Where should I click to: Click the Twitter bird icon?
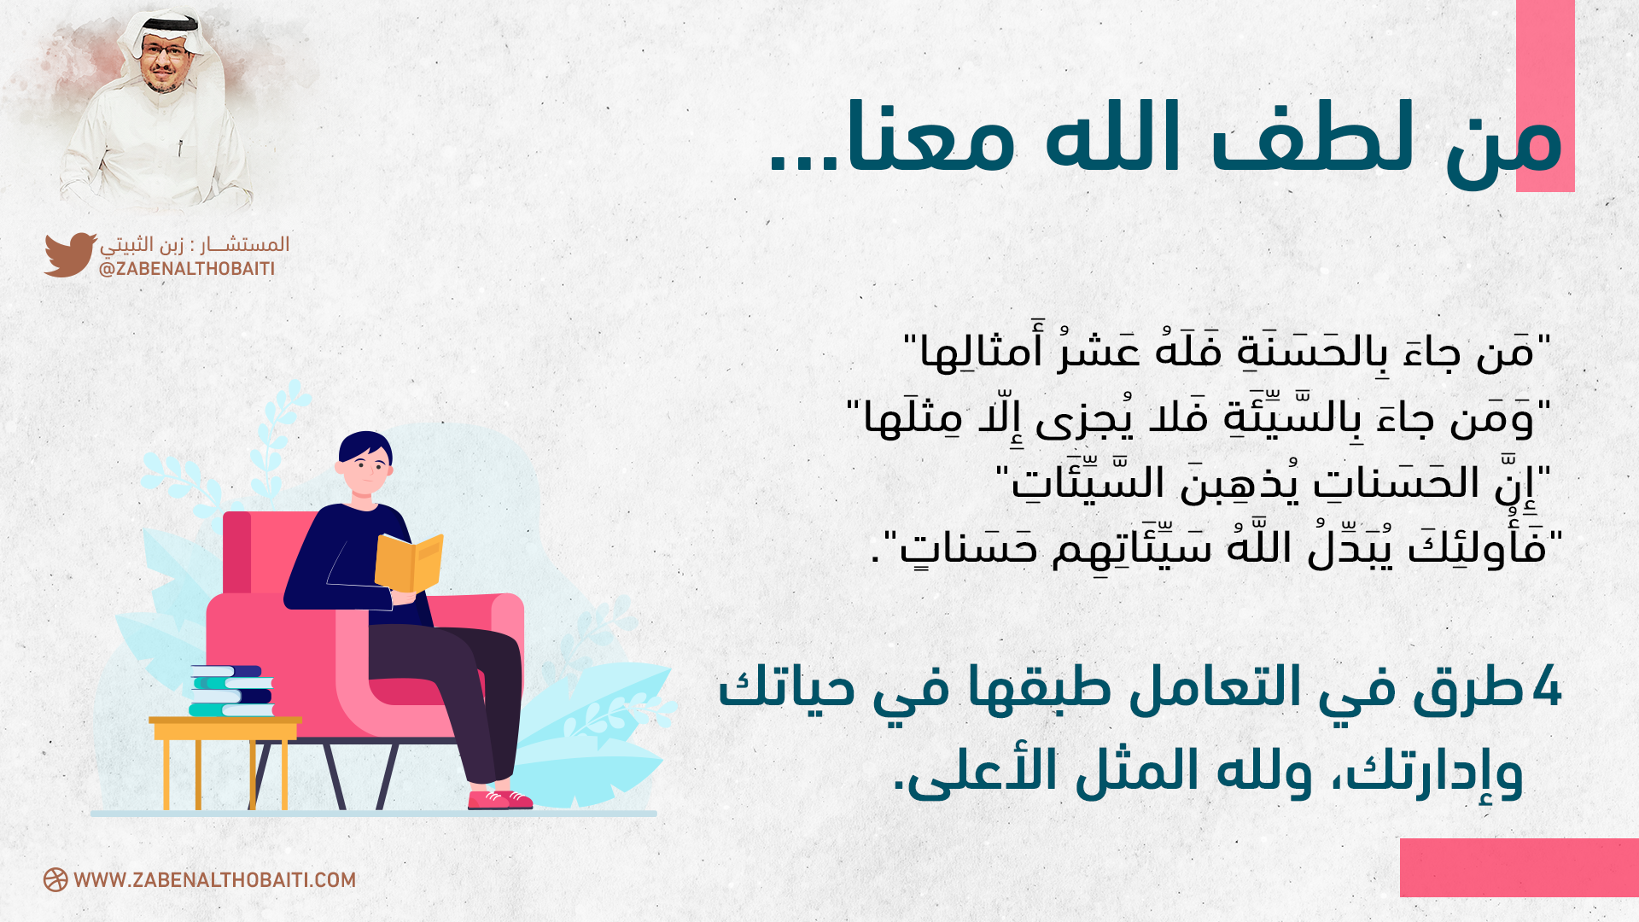70,254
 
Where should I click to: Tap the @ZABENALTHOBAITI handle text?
187,269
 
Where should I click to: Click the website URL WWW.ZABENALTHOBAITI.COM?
214,880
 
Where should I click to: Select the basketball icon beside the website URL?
55,880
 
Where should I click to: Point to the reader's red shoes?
500,799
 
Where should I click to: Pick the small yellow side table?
225,762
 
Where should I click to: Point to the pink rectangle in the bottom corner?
1519,867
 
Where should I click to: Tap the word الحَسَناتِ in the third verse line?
1396,483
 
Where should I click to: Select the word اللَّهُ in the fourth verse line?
1258,546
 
